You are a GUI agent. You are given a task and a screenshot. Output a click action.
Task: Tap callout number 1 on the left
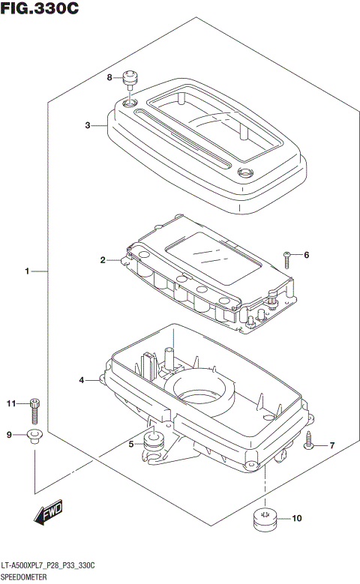(27, 271)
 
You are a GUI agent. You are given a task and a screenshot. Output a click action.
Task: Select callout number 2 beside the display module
(103, 260)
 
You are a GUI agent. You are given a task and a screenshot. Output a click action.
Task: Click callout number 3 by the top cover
(87, 125)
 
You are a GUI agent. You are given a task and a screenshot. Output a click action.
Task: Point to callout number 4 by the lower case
(82, 381)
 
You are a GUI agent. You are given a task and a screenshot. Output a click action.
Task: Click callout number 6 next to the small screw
(305, 255)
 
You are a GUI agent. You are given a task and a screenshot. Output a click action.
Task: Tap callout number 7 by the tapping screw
(331, 446)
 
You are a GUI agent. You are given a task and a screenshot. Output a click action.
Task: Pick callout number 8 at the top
(109, 77)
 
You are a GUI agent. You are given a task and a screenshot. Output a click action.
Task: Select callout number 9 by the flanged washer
(10, 435)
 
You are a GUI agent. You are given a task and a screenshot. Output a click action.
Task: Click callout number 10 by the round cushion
(295, 518)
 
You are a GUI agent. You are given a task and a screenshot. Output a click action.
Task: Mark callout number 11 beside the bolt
(11, 405)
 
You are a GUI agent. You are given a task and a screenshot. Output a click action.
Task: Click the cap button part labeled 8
(132, 77)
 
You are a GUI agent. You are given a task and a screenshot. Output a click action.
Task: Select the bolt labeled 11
(34, 409)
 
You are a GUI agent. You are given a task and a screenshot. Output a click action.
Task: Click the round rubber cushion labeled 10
(264, 520)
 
